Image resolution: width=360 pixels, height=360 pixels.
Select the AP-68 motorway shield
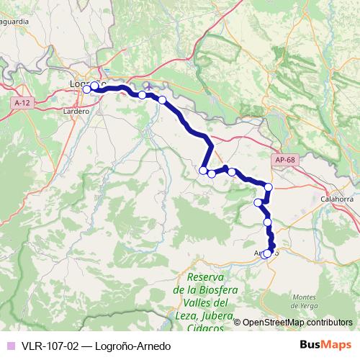click(x=284, y=159)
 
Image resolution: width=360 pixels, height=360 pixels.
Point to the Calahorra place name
click(x=336, y=199)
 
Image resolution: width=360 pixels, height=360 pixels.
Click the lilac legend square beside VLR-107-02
click(x=9, y=346)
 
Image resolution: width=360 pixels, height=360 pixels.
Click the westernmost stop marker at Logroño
click(x=86, y=89)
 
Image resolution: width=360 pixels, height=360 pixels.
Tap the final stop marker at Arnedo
click(x=267, y=253)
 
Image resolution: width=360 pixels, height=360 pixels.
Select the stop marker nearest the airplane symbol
click(x=143, y=95)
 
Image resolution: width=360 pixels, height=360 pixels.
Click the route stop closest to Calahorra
click(x=269, y=187)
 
